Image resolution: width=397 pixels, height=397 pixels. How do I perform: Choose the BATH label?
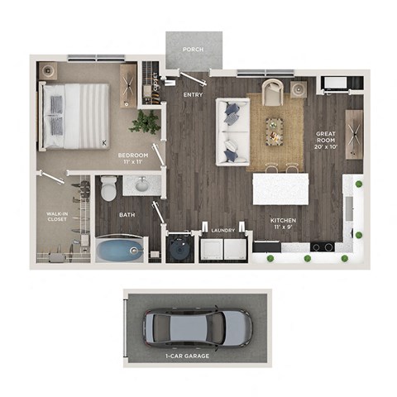tap(126, 215)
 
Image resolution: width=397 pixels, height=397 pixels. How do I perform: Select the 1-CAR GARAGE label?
tap(186, 356)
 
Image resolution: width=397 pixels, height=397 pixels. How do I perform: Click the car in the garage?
tap(196, 328)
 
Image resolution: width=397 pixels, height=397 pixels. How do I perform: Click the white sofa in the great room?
tap(231, 131)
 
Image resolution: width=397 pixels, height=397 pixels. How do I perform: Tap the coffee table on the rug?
tap(273, 126)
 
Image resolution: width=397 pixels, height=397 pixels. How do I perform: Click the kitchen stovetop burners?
tap(323, 246)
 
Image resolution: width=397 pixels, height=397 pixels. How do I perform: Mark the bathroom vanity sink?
tap(141, 184)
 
